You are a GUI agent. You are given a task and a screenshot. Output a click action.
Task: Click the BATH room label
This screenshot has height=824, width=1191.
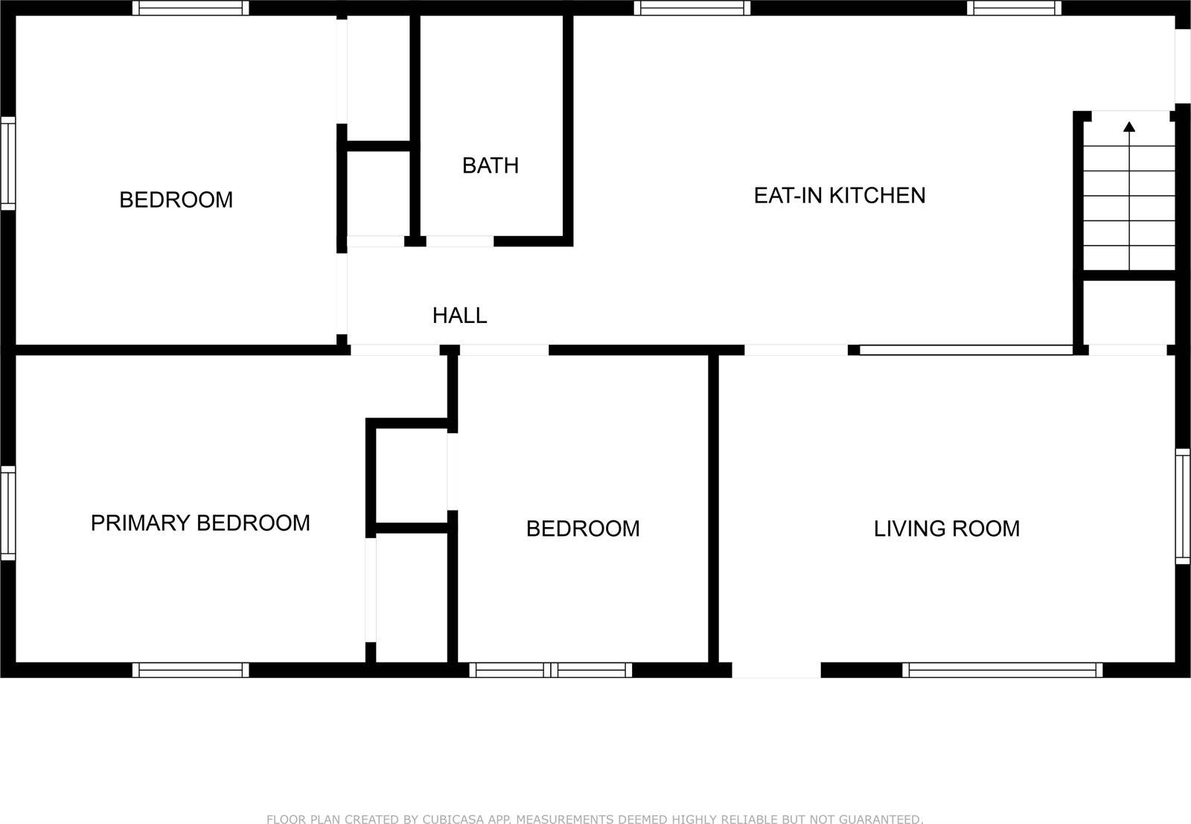(x=490, y=165)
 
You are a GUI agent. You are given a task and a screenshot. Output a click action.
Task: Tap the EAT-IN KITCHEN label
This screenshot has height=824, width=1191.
(x=839, y=195)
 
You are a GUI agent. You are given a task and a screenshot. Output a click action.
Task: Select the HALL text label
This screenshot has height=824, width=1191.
(x=459, y=316)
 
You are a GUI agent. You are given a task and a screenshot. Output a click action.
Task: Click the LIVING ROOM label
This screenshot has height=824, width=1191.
(x=946, y=528)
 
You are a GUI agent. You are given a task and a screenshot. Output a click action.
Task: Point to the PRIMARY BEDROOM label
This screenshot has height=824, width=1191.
(x=200, y=523)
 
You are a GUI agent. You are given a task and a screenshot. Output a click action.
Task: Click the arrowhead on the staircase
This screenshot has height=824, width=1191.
(x=1129, y=127)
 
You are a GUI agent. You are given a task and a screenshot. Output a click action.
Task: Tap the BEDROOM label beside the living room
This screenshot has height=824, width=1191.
(x=582, y=528)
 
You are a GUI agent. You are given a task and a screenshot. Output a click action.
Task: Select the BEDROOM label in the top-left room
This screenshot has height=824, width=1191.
(x=176, y=199)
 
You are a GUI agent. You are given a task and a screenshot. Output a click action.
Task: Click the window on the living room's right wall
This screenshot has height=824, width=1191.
(x=1182, y=506)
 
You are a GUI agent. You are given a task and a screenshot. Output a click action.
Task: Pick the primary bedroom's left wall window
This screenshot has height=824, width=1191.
(x=7, y=513)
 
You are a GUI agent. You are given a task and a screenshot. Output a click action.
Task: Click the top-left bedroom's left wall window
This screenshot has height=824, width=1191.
(x=7, y=162)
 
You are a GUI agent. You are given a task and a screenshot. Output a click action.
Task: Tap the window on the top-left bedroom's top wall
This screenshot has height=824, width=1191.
(x=191, y=8)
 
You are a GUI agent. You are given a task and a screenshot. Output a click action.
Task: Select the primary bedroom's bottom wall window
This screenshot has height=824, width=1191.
(x=191, y=670)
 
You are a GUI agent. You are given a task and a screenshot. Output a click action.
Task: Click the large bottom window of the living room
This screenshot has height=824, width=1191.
(x=1002, y=670)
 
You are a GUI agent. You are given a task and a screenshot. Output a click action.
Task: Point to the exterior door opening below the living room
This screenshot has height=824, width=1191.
(x=776, y=670)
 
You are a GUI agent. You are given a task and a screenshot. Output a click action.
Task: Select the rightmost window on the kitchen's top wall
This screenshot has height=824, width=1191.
(x=1014, y=8)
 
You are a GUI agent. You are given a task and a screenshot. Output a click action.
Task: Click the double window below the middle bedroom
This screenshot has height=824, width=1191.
(x=551, y=670)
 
